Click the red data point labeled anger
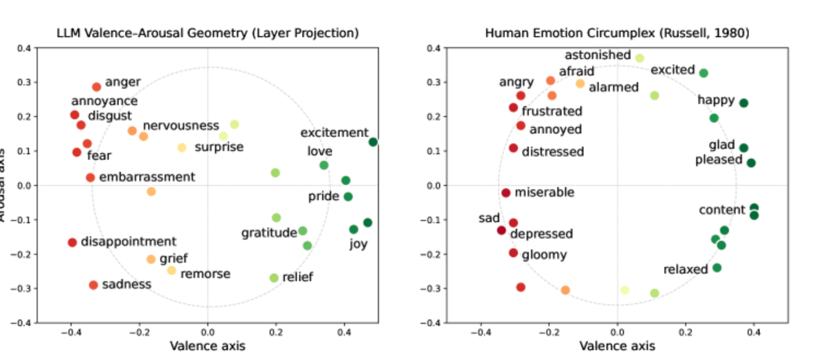pyautogui.click(x=96, y=87)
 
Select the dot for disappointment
pyautogui.click(x=72, y=242)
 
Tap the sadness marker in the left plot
pyautogui.click(x=94, y=285)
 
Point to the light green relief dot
pyautogui.click(x=274, y=278)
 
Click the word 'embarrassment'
pyautogui.click(x=147, y=177)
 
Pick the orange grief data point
pyautogui.click(x=151, y=259)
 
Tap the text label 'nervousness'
pyautogui.click(x=181, y=126)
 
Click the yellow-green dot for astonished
pyautogui.click(x=640, y=58)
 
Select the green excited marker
pyautogui.click(x=704, y=73)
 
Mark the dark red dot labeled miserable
pyautogui.click(x=506, y=193)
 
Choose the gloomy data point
pyautogui.click(x=513, y=253)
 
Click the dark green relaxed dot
pyautogui.click(x=717, y=268)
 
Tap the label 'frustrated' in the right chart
pyautogui.click(x=552, y=112)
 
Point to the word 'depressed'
pyautogui.click(x=541, y=234)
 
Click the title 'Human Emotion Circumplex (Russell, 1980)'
pyautogui.click(x=617, y=33)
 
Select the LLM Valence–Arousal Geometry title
pyautogui.click(x=208, y=33)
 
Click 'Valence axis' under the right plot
pyautogui.click(x=617, y=346)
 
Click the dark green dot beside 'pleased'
pyautogui.click(x=751, y=163)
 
